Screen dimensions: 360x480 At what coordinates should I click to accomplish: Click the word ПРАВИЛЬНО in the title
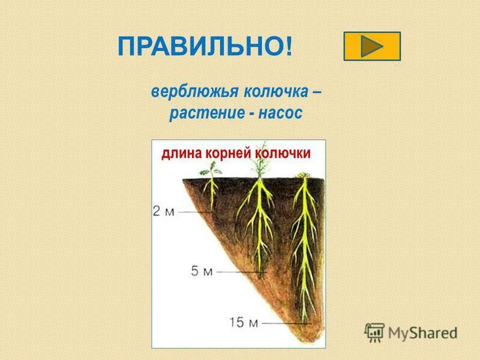coord(201,47)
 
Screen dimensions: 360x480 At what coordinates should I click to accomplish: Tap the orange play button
coord(372,46)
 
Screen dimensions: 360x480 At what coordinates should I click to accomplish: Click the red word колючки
coord(283,154)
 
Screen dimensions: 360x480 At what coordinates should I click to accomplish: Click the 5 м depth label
coord(202,271)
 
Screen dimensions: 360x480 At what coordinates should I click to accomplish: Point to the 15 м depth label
coord(243,322)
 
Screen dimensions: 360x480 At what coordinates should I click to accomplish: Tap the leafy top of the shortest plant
coord(210,171)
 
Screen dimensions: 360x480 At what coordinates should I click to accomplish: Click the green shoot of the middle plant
coord(259,168)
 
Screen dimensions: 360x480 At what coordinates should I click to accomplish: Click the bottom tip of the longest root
coord(305,321)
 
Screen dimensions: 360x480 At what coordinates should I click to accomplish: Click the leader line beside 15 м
coord(279,323)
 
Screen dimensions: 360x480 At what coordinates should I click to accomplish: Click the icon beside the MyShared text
coord(375,332)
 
